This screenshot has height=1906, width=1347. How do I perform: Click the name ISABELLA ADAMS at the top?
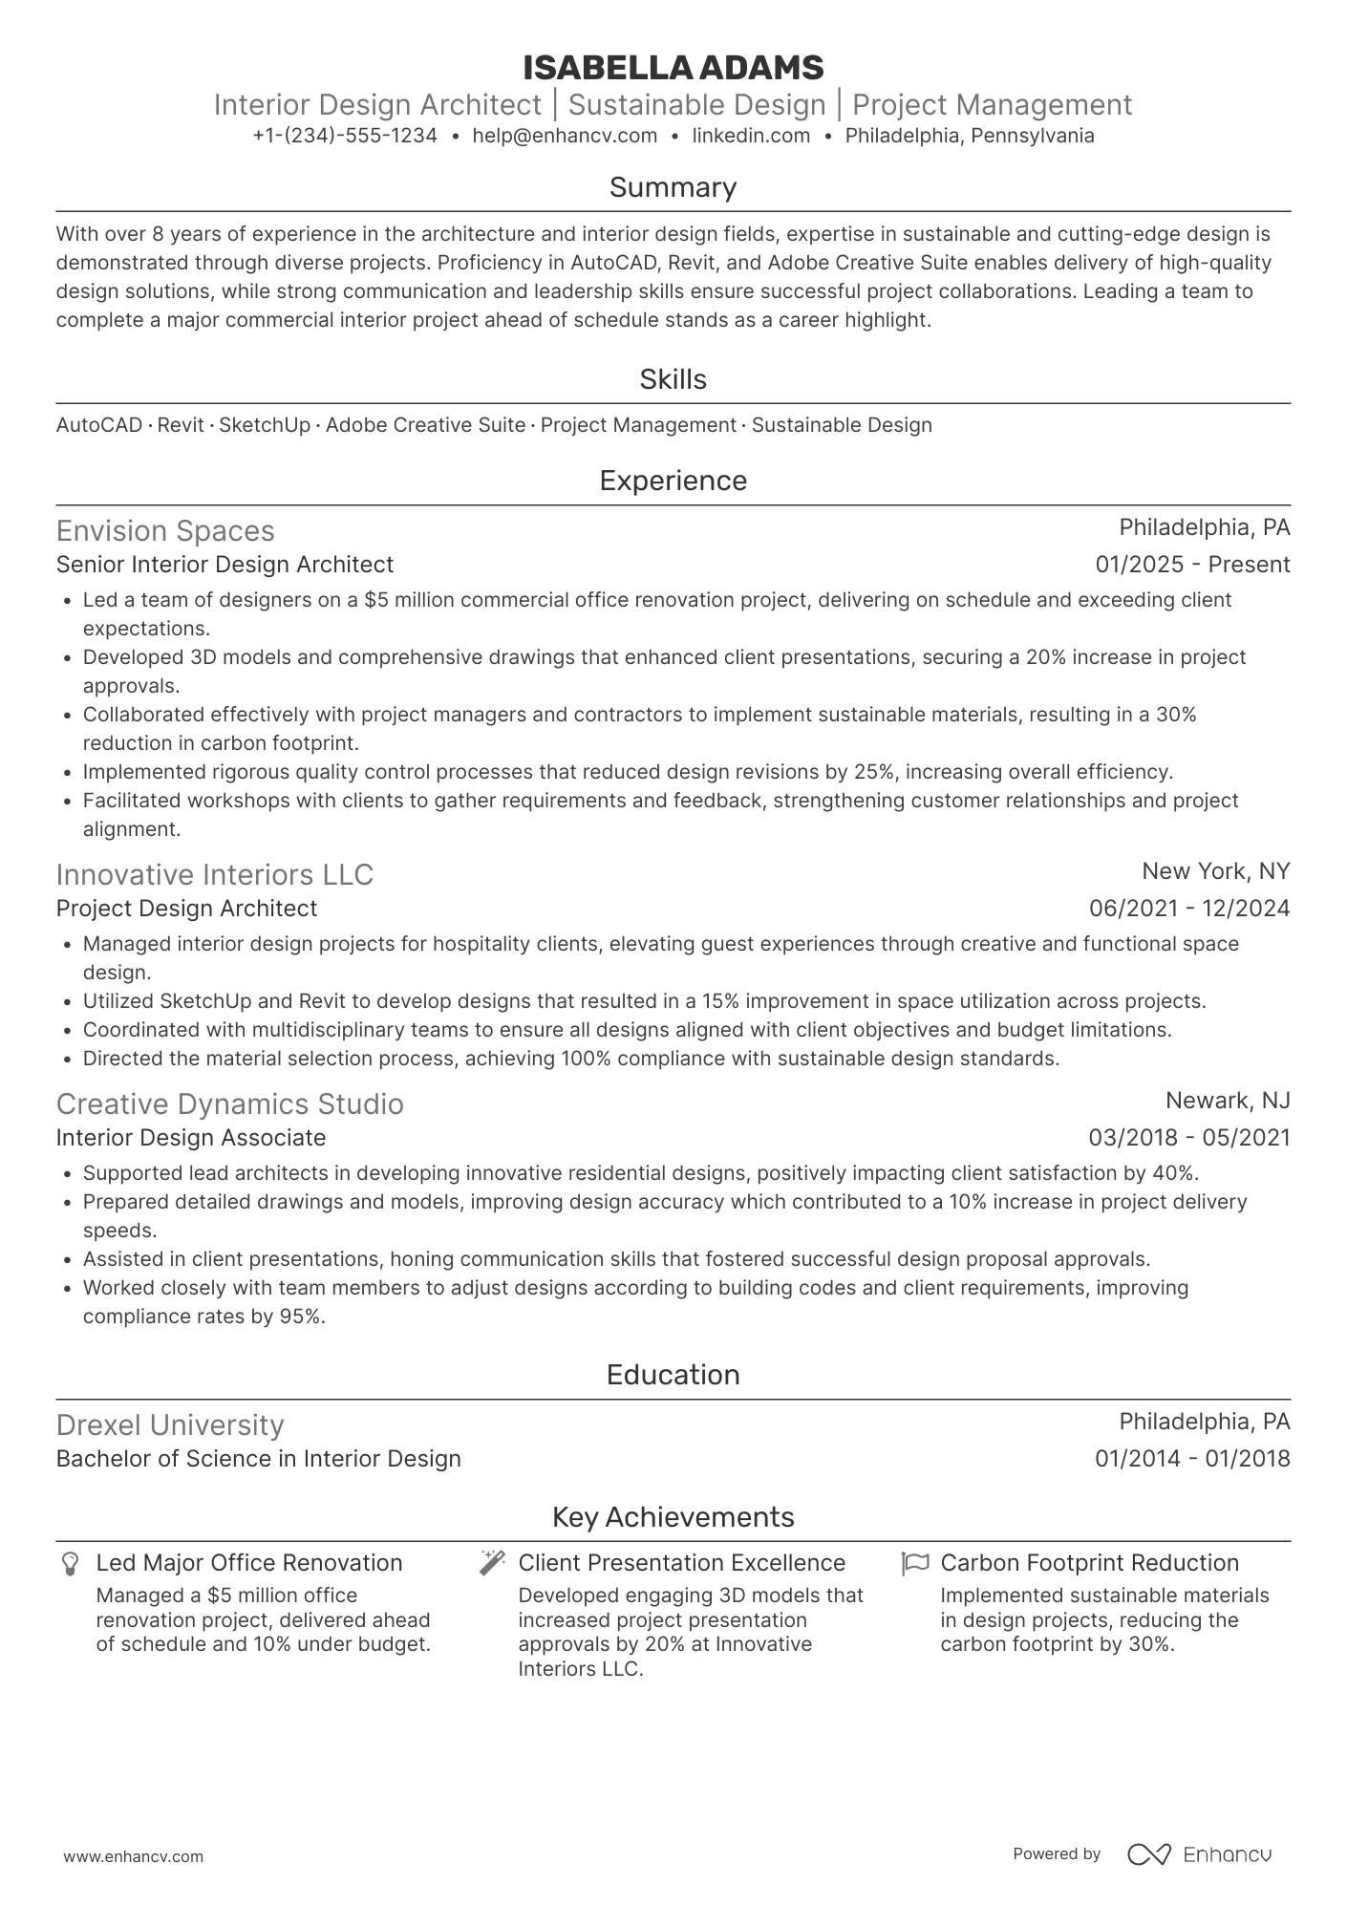(x=673, y=68)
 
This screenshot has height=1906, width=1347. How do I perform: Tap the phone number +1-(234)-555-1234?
(x=345, y=136)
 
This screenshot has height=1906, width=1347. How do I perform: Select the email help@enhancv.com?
(x=565, y=136)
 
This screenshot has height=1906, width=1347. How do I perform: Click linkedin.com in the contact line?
(x=751, y=136)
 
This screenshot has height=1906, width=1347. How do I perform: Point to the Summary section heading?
(x=673, y=187)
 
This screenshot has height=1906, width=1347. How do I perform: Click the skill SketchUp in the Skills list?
(x=265, y=425)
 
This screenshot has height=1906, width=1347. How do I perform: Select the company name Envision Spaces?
(x=165, y=531)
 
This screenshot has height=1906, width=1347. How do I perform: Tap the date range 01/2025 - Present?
(x=1192, y=565)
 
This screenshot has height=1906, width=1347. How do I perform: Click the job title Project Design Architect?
(x=186, y=909)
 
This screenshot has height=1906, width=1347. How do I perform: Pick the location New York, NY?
(x=1215, y=871)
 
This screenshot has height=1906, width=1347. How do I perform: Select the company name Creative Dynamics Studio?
(x=229, y=1104)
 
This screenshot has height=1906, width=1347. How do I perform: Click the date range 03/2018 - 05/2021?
(x=1188, y=1138)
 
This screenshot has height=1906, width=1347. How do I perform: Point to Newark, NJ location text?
(x=1228, y=1101)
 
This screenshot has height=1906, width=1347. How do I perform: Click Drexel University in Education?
(x=170, y=1425)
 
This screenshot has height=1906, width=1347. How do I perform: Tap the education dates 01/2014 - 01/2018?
(x=1192, y=1459)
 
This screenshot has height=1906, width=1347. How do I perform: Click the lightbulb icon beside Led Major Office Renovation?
(x=70, y=1564)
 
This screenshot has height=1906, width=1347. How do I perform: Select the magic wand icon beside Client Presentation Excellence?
(x=492, y=1563)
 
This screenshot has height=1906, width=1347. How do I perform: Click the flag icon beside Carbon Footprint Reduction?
(x=914, y=1563)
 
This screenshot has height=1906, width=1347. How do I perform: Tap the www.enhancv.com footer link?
(x=134, y=1856)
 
